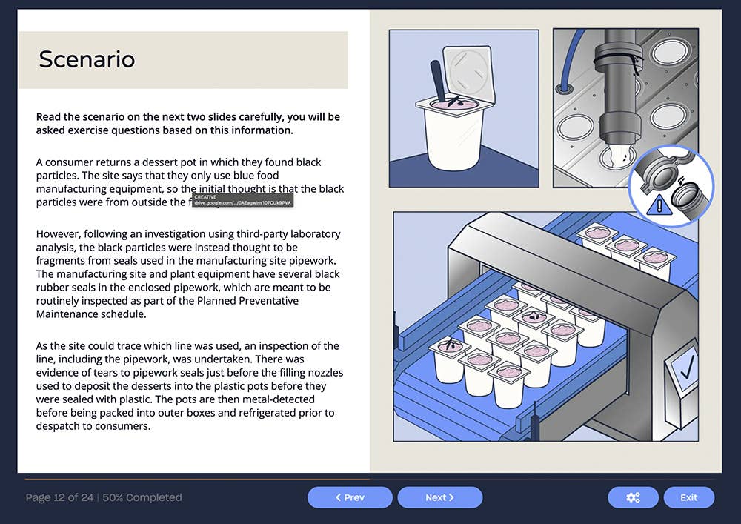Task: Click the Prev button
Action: pyautogui.click(x=350, y=497)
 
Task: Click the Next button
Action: pyautogui.click(x=439, y=497)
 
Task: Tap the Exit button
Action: pyautogui.click(x=688, y=497)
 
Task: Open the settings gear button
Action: pyautogui.click(x=633, y=497)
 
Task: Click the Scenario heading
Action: pyautogui.click(x=87, y=59)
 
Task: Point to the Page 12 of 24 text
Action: pyautogui.click(x=61, y=497)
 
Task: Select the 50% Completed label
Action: pyautogui.click(x=142, y=497)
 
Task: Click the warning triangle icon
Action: pyautogui.click(x=654, y=206)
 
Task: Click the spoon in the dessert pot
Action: pyautogui.click(x=438, y=79)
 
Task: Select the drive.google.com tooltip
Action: pyautogui.click(x=242, y=201)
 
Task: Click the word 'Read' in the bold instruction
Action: pyautogui.click(x=49, y=117)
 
